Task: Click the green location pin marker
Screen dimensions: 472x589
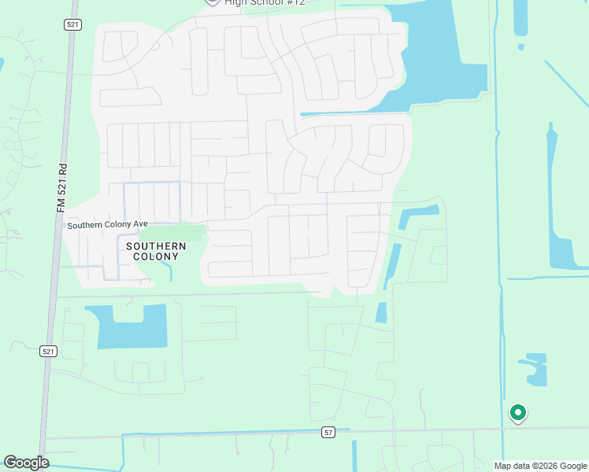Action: (x=518, y=412)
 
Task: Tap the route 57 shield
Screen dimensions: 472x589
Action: (x=328, y=432)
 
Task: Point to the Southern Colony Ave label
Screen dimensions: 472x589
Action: (x=107, y=224)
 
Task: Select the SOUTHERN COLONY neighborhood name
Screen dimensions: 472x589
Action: (x=156, y=252)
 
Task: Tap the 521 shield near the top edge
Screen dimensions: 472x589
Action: (x=72, y=25)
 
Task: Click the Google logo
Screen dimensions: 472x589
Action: (x=26, y=463)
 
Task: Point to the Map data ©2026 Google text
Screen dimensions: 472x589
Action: (x=540, y=466)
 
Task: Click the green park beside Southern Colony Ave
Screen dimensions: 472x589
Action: (x=178, y=233)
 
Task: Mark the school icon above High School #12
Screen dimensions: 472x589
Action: (x=212, y=2)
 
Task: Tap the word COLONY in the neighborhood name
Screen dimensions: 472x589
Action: (x=156, y=257)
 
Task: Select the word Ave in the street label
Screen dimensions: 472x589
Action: (x=140, y=224)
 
